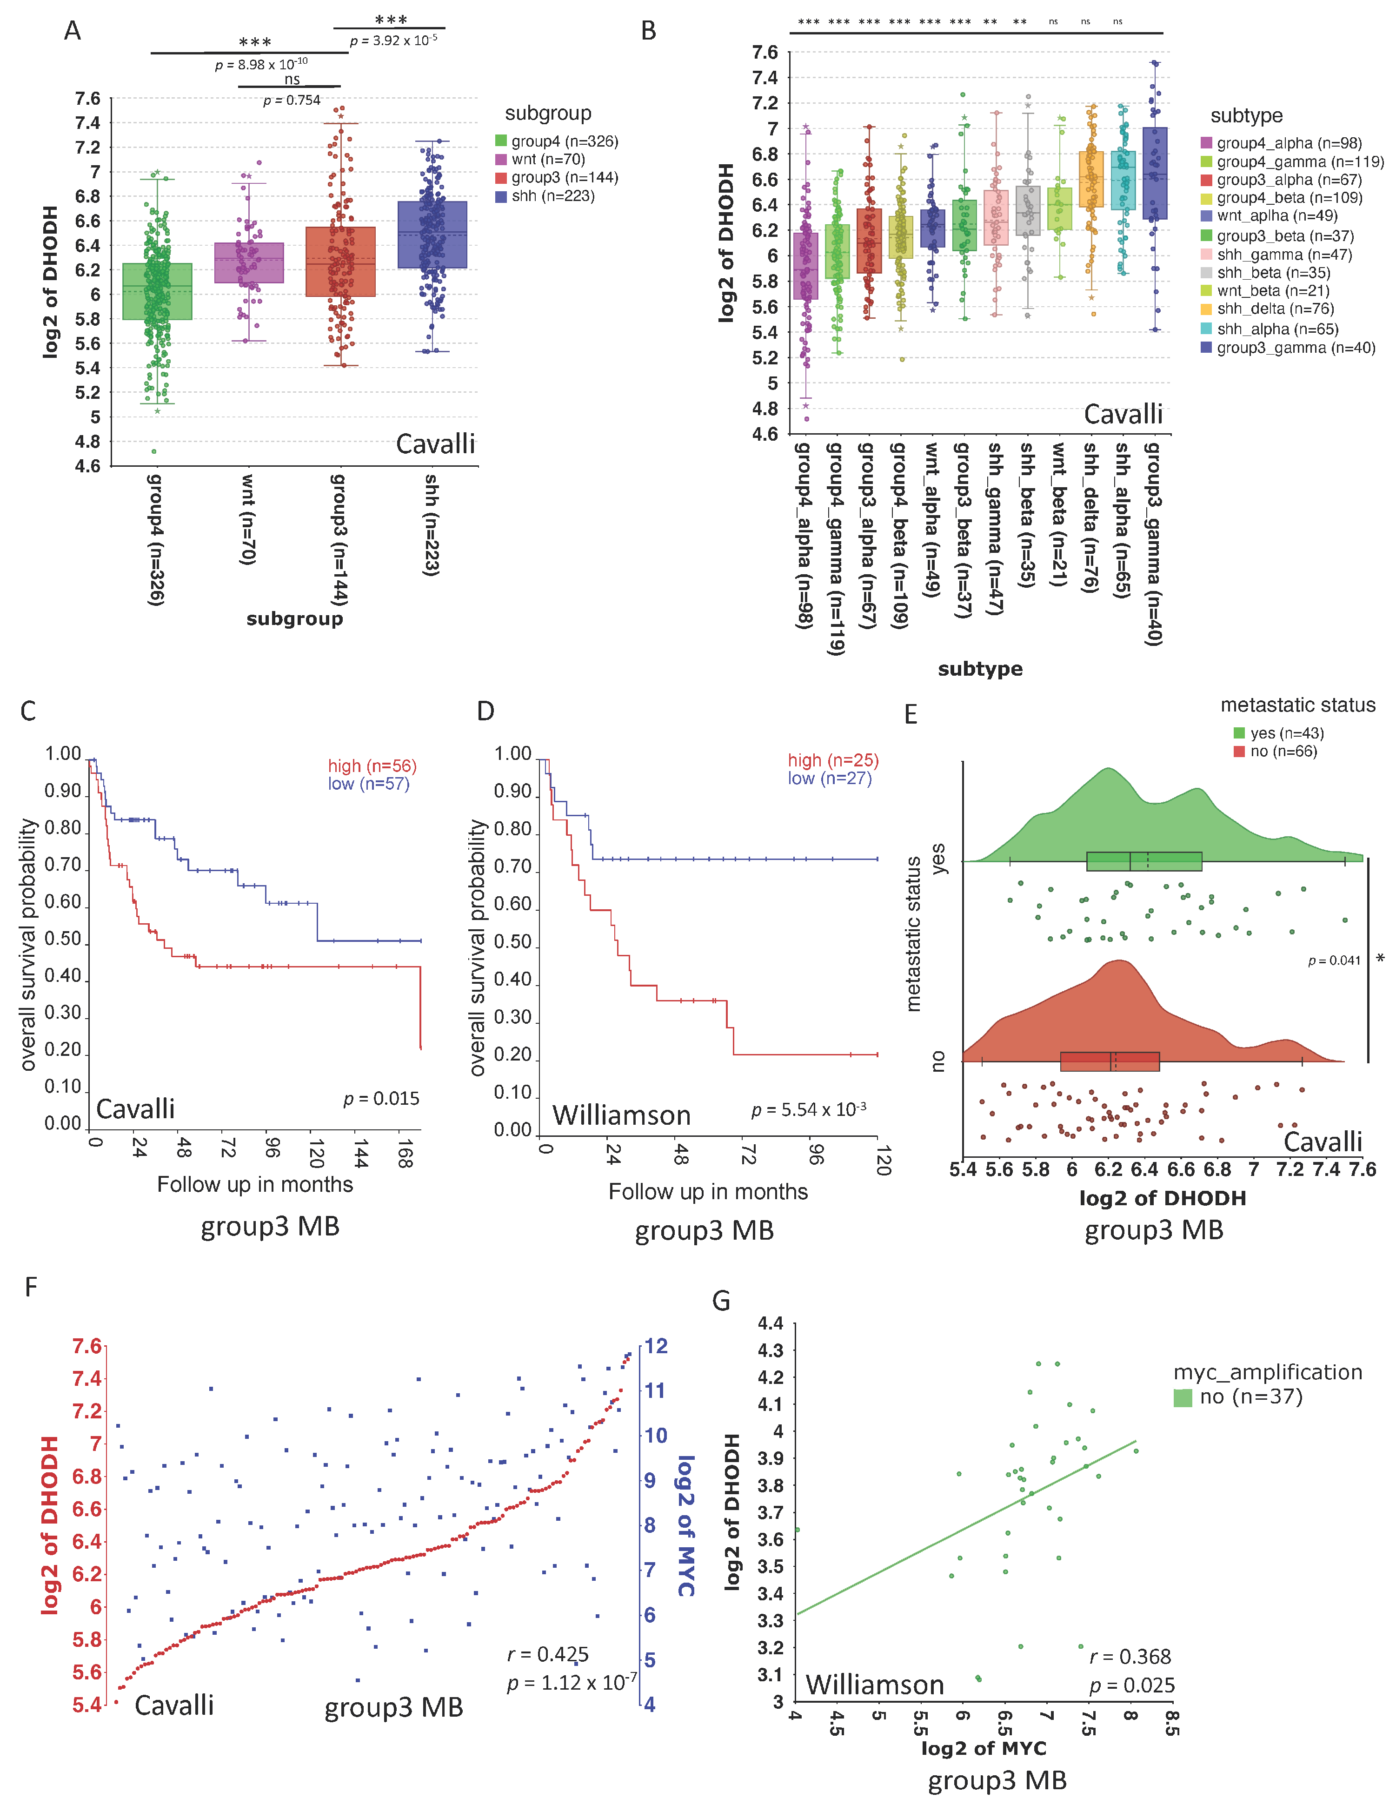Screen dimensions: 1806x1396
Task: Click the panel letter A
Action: [x=73, y=32]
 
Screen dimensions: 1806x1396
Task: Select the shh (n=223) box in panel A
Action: [x=432, y=235]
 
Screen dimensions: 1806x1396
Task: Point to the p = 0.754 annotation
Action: [x=292, y=100]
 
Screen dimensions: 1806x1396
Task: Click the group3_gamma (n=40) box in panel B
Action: [x=1155, y=174]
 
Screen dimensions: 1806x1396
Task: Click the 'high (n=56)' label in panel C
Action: [x=372, y=766]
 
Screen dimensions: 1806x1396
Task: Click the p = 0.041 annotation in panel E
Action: [x=1334, y=961]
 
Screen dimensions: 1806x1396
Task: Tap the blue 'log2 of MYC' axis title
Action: [x=685, y=1526]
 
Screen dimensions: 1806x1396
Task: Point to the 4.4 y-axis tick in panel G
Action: [x=771, y=1323]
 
